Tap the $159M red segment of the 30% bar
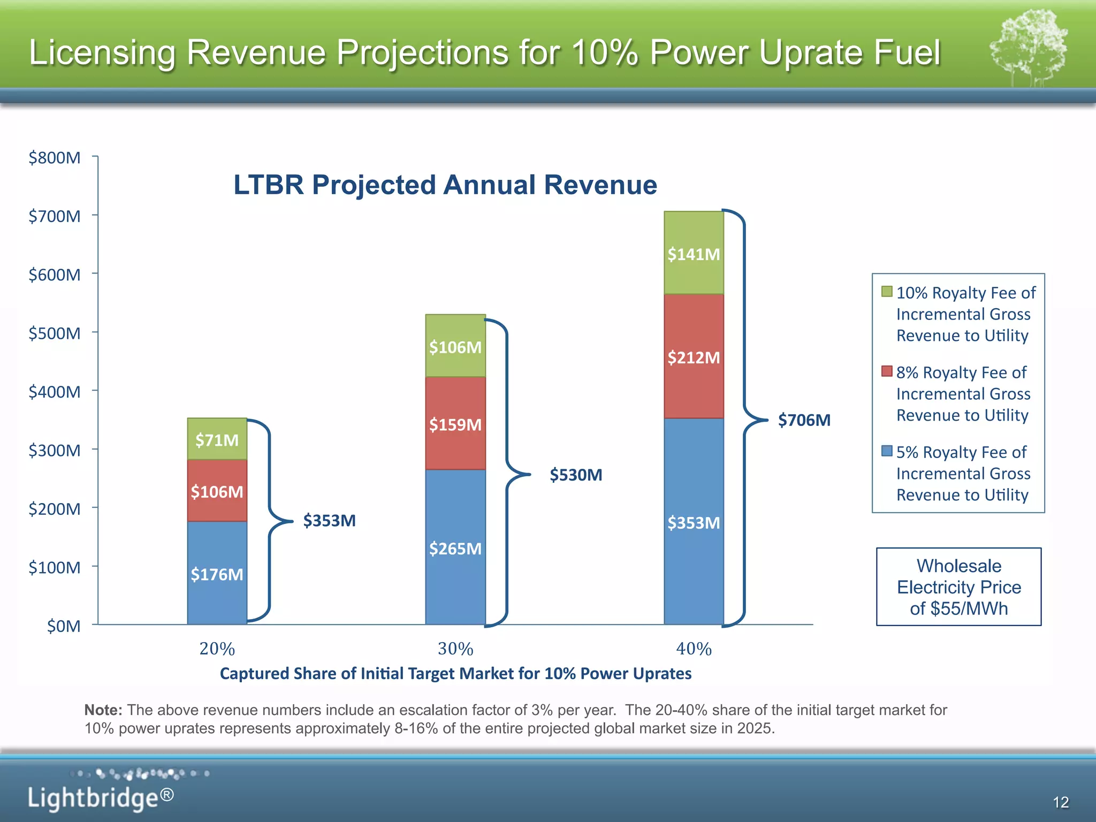point(455,424)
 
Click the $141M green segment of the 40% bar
point(694,254)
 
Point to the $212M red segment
point(694,357)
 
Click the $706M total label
point(804,420)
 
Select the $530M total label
point(576,475)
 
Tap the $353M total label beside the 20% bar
point(329,520)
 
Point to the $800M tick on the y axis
point(55,158)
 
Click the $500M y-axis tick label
point(55,333)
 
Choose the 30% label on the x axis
point(455,649)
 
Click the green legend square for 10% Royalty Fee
point(887,292)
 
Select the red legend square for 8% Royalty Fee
point(887,371)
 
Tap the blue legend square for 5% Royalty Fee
point(887,451)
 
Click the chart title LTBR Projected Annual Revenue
point(445,185)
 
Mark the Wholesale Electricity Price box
point(958,587)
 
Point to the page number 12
point(1060,802)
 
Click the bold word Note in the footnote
point(103,710)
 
